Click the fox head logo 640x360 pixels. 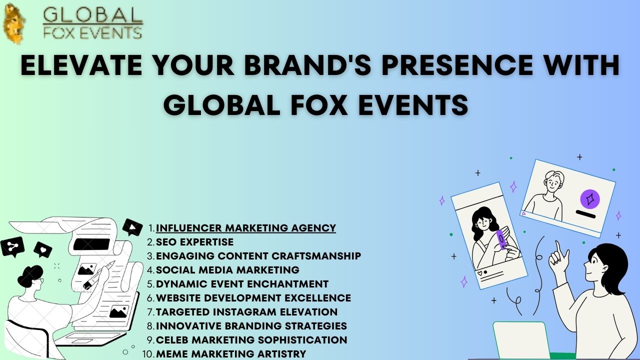click(x=13, y=23)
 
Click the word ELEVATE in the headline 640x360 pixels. click(x=81, y=65)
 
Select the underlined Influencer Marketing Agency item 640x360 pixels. click(x=245, y=228)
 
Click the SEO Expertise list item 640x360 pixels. click(x=194, y=242)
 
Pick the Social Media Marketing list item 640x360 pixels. click(x=227, y=270)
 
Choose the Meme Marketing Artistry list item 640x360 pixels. click(x=231, y=353)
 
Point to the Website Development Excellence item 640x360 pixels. click(x=253, y=298)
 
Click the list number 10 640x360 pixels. click(x=148, y=353)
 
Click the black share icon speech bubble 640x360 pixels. click(x=12, y=247)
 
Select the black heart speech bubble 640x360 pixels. click(x=43, y=250)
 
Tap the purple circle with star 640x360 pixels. click(x=589, y=199)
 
